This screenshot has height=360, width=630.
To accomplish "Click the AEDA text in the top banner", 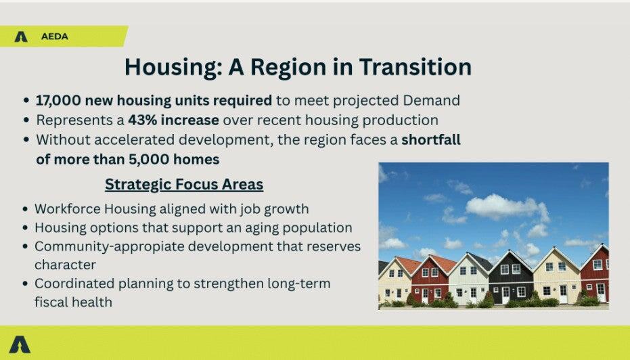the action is coord(55,37).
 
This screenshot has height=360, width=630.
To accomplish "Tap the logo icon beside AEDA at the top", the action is coord(21,37).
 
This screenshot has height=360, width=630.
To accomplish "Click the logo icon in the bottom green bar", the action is coord(20,344).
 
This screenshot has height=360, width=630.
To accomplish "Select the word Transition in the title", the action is coord(415,67).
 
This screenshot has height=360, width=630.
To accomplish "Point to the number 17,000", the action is coord(58,100).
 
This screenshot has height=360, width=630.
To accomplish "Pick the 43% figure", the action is coord(142,120).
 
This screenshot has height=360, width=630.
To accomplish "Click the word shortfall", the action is coord(430,139).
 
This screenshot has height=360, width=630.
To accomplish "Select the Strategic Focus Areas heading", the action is coord(184,185).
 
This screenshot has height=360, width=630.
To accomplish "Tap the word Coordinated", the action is coord(74,284).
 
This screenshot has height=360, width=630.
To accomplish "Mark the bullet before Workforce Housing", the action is coord(25,209).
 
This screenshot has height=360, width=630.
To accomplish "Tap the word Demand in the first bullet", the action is coord(431,100).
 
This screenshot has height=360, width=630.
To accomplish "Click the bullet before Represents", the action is coord(26,120).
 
